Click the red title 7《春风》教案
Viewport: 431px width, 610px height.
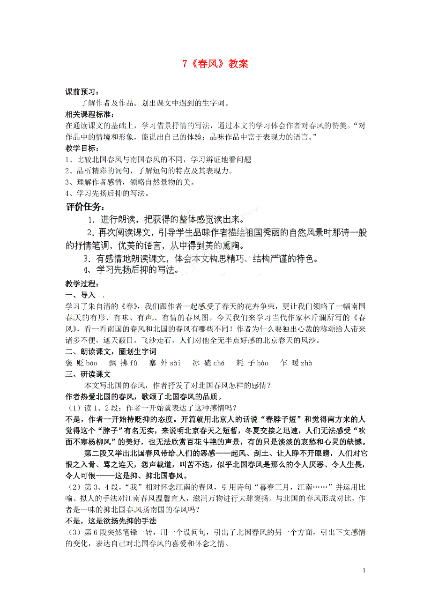click(x=215, y=65)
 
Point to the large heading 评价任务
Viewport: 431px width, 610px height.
click(x=85, y=207)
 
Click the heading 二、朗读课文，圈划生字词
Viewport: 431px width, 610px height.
click(x=111, y=351)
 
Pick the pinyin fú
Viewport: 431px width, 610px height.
click(x=134, y=363)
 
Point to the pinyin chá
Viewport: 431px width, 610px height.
click(x=219, y=363)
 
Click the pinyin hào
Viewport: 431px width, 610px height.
click(x=263, y=363)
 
